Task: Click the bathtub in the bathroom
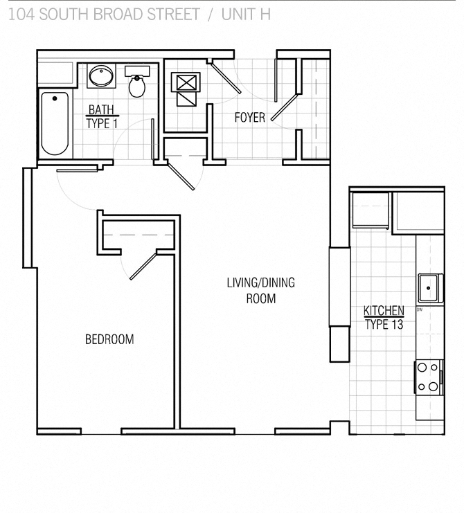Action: [x=55, y=123]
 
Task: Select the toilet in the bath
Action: [x=137, y=84]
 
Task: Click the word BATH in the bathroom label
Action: [x=100, y=109]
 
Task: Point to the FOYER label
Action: [x=249, y=118]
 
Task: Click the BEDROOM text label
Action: [x=109, y=339]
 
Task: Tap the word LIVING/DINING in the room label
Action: [x=260, y=282]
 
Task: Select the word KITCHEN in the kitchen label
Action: [x=384, y=311]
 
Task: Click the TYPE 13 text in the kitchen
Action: [x=384, y=324]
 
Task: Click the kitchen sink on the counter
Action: [x=429, y=287]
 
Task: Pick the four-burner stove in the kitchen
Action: [x=428, y=378]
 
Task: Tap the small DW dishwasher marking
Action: [x=420, y=309]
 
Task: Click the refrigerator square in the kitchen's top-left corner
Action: [x=371, y=209]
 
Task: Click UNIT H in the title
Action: [x=247, y=13]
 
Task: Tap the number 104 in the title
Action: [x=19, y=13]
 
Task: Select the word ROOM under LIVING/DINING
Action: [x=260, y=298]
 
